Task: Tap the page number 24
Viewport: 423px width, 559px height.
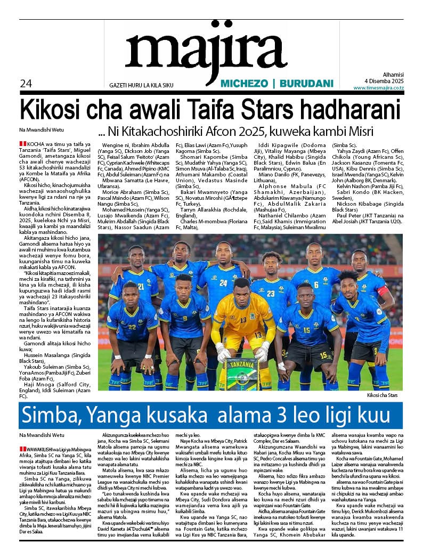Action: coord(26,83)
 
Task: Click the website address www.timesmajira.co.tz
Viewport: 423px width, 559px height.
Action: coord(378,87)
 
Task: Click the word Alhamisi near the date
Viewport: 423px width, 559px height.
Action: coord(393,75)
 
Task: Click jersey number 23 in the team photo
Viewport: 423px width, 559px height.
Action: coord(271,293)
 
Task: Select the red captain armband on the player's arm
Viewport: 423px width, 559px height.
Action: coord(382,291)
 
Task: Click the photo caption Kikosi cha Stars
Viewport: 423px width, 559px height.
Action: coord(381,395)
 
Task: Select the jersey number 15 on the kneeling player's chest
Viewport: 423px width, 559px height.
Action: coord(306,330)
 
